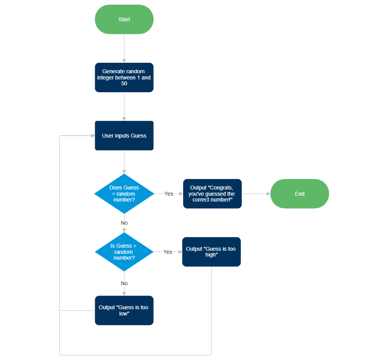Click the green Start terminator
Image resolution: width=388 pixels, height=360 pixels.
point(124,19)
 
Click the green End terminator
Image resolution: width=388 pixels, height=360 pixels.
point(300,194)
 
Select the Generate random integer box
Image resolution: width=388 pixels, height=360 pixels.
point(124,78)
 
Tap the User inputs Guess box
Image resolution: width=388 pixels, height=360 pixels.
point(124,136)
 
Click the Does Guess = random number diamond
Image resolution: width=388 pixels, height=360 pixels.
point(124,194)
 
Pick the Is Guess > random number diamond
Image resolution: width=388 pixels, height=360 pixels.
point(124,252)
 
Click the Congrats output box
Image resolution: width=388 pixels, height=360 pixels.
point(212,194)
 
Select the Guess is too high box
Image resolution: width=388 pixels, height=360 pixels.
point(211,252)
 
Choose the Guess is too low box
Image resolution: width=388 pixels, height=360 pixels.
point(124,310)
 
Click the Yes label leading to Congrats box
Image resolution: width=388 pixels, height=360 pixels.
point(169,194)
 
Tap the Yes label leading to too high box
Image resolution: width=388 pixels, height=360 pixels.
point(168,252)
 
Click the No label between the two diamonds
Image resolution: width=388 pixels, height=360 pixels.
point(124,223)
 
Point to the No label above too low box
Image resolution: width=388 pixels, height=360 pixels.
point(124,284)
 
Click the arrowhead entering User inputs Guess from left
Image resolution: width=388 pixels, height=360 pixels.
point(93,136)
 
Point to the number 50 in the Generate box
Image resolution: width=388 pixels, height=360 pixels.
point(124,83)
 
